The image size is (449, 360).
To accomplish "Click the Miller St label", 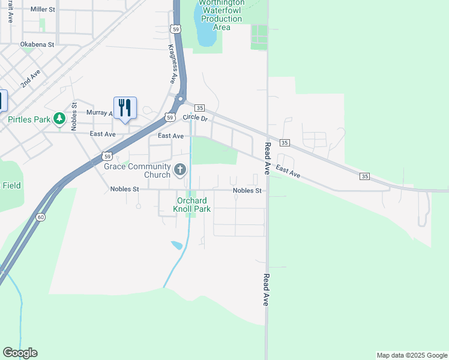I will point(42,10).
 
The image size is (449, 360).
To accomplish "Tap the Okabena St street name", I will point(37,44).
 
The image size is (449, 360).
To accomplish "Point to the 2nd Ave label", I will point(30,79).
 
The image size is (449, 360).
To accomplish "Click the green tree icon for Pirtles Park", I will point(59,119).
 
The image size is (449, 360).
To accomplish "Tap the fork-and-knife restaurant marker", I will point(125,108).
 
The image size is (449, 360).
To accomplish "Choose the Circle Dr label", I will point(195,118).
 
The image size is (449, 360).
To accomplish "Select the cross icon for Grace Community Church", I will point(179,170).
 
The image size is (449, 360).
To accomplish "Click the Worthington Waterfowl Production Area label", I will point(221,15).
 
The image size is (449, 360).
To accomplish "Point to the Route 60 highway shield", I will point(40,217).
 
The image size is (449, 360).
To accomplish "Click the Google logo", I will point(20,353).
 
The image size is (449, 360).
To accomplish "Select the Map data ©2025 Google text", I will point(412,355).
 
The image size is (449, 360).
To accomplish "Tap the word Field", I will point(11,185).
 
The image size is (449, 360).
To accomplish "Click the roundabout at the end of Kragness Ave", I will point(179,98).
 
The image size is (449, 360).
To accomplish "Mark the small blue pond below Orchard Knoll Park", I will point(176,245).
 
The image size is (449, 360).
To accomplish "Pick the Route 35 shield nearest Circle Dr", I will point(200,108).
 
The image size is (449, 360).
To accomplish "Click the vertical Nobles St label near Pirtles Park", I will point(74,113).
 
